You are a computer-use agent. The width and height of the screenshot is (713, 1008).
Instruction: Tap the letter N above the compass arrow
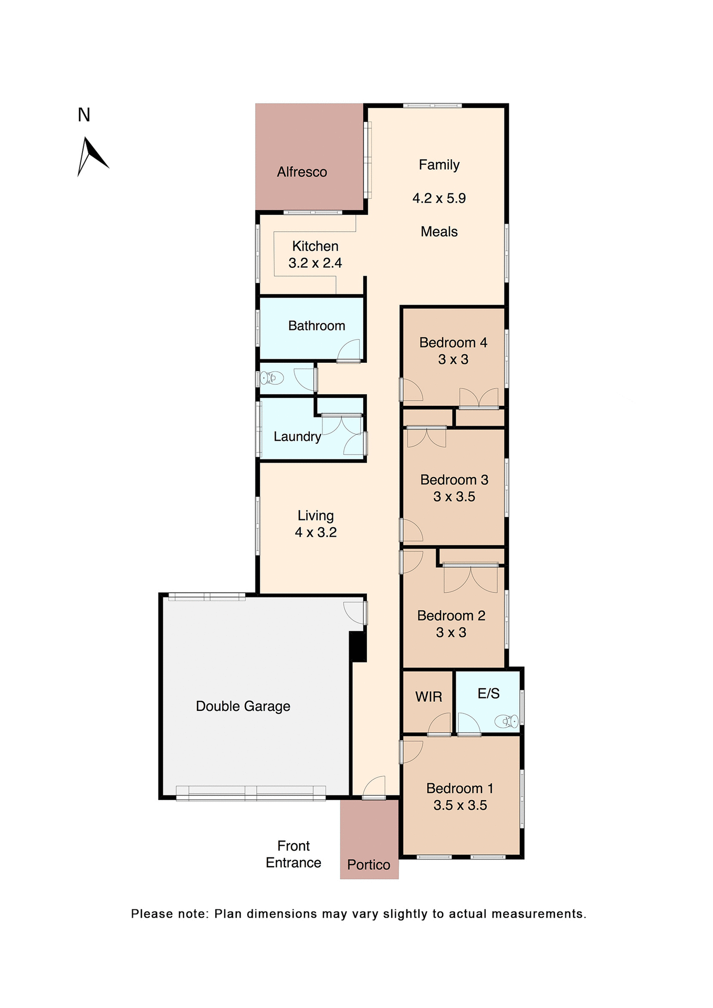84,115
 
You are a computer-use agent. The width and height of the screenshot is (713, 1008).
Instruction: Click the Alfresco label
302,172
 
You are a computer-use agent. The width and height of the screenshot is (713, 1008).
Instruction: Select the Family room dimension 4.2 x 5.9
439,198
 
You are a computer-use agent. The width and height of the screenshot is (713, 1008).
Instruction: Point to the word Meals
439,232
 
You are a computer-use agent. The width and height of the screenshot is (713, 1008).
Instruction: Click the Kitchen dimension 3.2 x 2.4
315,263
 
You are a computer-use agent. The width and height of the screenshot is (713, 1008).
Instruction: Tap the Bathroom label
317,326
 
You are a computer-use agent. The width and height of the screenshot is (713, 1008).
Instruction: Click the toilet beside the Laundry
272,377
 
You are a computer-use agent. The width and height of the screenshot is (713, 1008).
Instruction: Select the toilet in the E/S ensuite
506,721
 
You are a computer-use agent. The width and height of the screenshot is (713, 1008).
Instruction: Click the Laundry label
297,437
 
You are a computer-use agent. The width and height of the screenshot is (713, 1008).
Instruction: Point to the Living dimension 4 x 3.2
316,532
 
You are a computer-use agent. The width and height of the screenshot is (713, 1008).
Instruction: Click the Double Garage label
243,707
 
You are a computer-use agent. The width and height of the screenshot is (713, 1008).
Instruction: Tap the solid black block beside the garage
358,646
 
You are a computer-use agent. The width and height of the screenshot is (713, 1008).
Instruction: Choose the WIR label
428,697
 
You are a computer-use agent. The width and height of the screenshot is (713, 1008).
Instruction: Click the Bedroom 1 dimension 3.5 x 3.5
460,805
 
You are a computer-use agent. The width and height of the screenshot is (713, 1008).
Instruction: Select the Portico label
369,865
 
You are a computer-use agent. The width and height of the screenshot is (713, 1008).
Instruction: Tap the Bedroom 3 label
454,480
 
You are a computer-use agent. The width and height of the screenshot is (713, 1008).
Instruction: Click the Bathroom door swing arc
349,350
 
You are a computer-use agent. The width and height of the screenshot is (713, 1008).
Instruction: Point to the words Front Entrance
293,854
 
